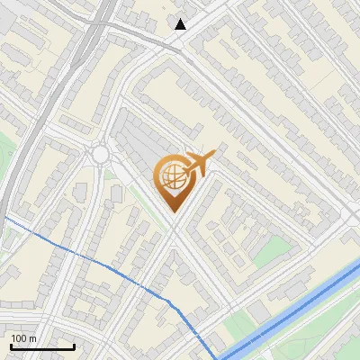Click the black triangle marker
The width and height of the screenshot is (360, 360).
point(181,23)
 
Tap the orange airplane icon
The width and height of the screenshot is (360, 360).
point(200,164)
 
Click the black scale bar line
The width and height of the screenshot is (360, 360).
point(41,346)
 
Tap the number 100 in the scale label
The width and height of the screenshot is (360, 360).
point(19,338)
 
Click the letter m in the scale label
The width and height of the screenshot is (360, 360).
point(32,338)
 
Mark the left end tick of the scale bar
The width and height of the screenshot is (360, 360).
point(10,345)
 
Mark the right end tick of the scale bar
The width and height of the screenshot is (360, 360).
point(74,345)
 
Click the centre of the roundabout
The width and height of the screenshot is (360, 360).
point(100,155)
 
